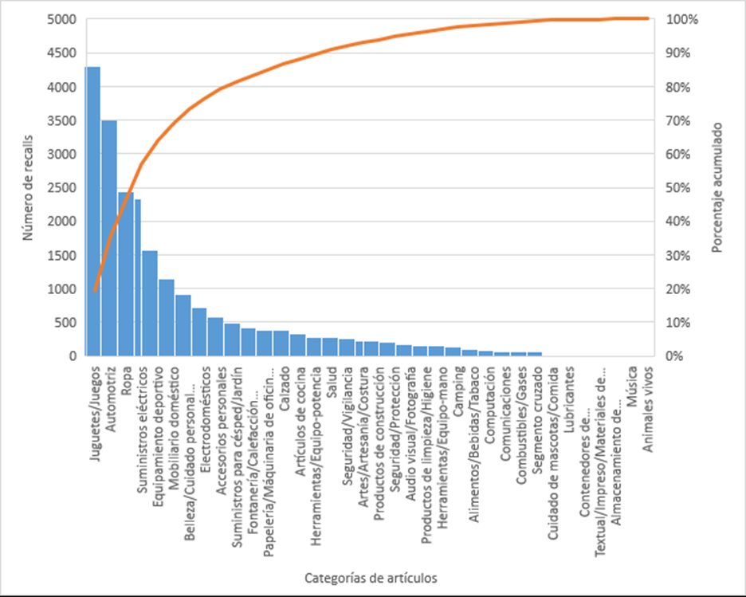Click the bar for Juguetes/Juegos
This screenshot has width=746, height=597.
(x=92, y=211)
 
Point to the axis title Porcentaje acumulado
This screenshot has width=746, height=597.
(x=717, y=187)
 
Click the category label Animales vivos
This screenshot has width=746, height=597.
(x=649, y=410)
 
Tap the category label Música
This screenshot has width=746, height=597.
(x=632, y=386)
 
